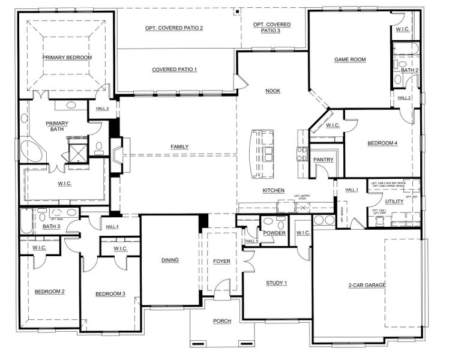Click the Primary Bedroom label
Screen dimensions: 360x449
[67, 58]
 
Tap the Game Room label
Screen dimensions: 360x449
[349, 59]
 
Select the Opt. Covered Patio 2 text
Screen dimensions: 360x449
[174, 28]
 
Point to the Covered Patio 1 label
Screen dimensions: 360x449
[174, 70]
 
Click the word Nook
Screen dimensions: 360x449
[273, 91]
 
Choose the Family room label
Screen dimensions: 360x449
[179, 146]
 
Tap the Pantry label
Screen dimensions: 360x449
[323, 160]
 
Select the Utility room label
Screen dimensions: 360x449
[394, 202]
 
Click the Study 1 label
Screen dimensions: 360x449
[277, 283]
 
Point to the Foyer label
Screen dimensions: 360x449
[221, 261]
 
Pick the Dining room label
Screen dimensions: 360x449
[170, 260]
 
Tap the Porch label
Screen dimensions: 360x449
[221, 321]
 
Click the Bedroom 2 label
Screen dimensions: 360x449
[49, 292]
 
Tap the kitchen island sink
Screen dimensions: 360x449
[267, 151]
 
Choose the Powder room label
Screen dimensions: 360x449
[274, 233]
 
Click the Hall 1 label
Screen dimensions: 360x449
[351, 190]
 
